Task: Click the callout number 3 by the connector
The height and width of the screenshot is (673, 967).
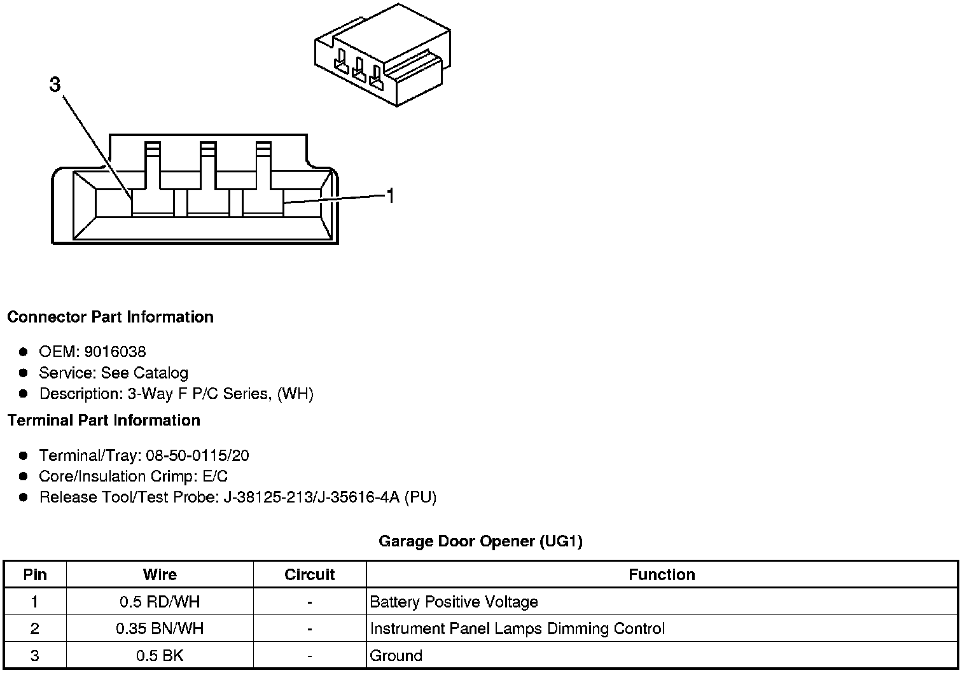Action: coord(55,85)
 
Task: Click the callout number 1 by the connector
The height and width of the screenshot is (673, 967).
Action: coord(391,197)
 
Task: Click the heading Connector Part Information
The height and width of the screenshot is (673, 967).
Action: coord(110,317)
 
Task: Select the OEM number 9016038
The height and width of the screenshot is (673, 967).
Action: coord(115,352)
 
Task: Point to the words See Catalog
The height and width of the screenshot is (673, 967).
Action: coord(144,373)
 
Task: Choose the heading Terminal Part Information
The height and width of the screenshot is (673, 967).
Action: coord(104,420)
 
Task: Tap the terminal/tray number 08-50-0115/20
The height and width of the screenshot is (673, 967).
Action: coord(197,455)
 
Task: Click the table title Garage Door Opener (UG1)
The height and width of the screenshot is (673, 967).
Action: coord(480,541)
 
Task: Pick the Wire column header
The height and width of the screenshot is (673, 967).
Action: coord(160,574)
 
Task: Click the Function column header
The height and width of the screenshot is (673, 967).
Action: coord(662,574)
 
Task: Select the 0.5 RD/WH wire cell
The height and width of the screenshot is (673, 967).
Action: coord(160,602)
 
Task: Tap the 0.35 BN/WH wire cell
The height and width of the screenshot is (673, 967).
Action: coord(160,629)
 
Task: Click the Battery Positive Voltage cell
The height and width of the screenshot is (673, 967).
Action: coord(454,602)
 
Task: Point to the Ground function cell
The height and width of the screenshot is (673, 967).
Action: coord(396,656)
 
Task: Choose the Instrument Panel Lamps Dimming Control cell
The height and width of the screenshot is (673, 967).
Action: coord(517,629)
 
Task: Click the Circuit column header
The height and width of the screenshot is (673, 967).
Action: coord(309,574)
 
